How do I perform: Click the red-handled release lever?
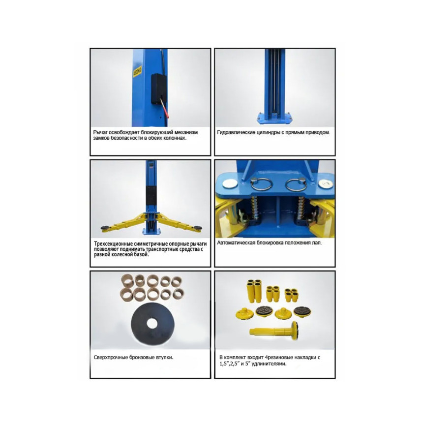[164, 108]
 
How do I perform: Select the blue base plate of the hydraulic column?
[274, 118]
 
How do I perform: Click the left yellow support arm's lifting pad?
[105, 229]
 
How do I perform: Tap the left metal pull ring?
[261, 184]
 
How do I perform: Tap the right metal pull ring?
[296, 184]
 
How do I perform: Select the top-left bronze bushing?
[127, 280]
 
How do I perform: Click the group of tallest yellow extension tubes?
[254, 291]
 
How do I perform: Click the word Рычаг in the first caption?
[100, 132]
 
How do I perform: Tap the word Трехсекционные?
[114, 243]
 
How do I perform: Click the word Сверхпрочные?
[111, 358]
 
